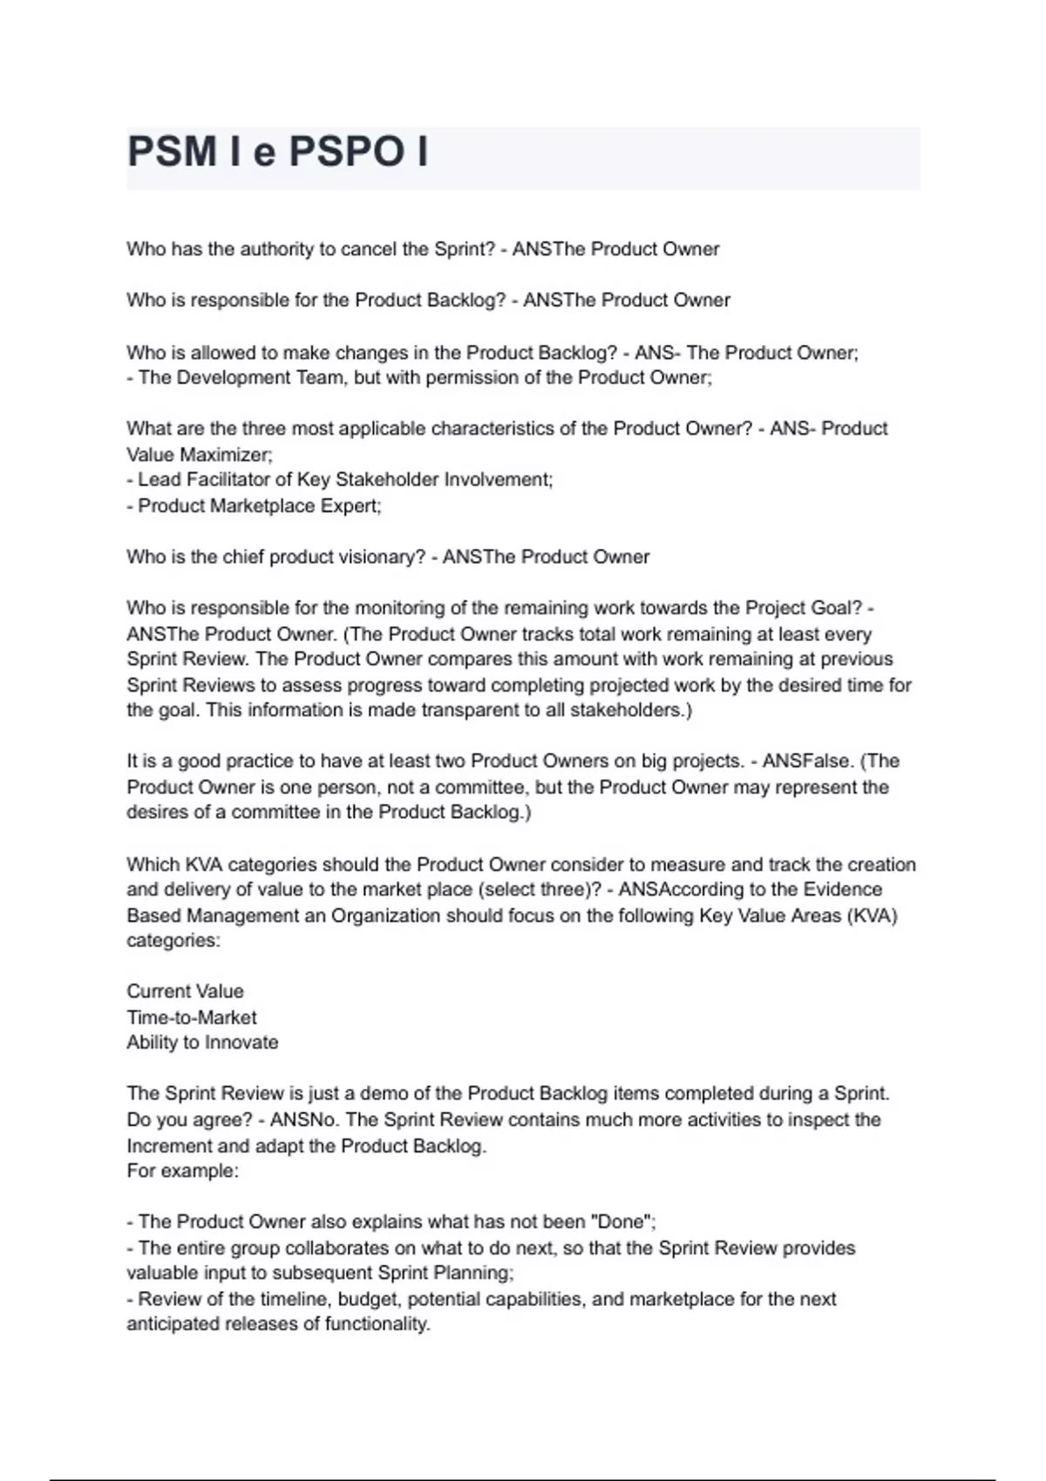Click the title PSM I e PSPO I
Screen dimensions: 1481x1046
pos(277,152)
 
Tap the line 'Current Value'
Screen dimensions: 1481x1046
pos(185,991)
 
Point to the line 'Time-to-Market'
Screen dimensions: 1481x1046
pos(192,1018)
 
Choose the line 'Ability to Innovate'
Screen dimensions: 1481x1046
pos(202,1043)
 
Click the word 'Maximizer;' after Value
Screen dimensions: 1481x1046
pos(226,455)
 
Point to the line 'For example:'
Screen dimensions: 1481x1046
pos(182,1171)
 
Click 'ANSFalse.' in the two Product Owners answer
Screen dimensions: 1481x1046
pos(808,761)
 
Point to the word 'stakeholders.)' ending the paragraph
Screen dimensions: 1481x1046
pos(631,710)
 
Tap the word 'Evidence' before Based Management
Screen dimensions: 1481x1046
pos(843,889)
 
